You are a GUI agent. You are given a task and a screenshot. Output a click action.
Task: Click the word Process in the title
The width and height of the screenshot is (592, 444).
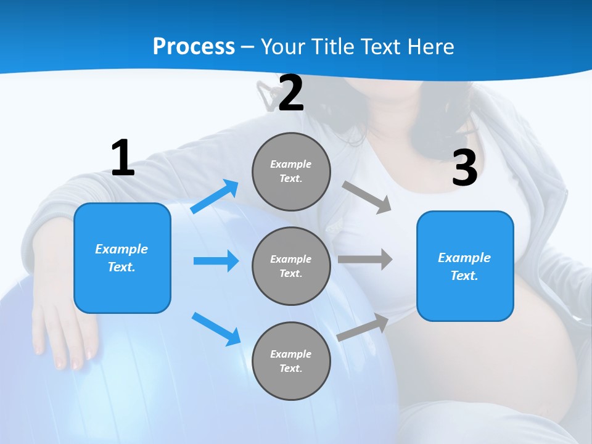194,46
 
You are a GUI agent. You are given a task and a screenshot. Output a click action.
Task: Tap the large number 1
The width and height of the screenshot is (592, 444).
123,158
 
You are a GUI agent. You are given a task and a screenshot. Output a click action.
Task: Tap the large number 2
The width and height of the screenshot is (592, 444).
290,94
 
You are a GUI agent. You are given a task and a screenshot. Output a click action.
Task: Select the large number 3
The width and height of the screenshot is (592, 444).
464,168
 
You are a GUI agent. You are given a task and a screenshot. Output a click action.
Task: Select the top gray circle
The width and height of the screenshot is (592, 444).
291,171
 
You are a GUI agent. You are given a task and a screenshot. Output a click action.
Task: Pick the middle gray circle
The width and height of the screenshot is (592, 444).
291,266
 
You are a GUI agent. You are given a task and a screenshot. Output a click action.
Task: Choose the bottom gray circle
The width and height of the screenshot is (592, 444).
291,361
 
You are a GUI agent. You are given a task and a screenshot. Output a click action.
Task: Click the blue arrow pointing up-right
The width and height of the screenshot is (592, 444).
215,197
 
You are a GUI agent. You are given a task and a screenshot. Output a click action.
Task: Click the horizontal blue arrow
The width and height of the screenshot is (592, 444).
216,261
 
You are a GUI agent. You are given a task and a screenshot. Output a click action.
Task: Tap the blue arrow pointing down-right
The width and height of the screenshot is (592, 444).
216,329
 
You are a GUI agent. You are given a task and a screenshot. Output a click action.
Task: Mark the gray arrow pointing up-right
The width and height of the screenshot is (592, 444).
363,327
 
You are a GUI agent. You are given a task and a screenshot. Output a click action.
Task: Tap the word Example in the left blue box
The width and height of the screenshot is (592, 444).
121,249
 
